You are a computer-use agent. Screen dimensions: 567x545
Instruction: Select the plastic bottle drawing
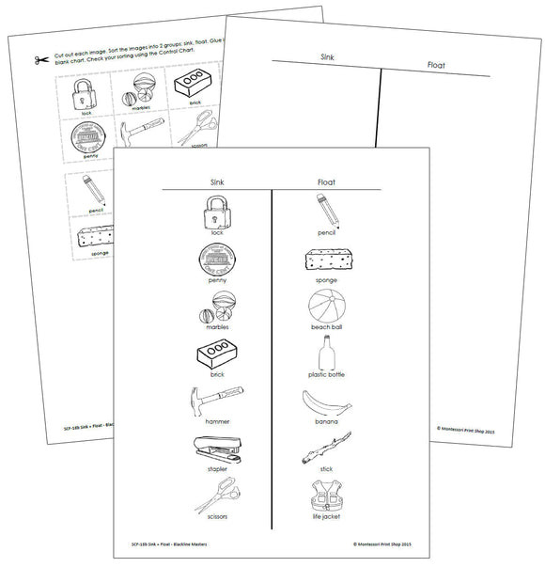(x=326, y=354)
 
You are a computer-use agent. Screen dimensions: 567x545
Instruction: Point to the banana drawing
(x=325, y=402)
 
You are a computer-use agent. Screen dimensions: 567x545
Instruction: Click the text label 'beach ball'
(x=325, y=327)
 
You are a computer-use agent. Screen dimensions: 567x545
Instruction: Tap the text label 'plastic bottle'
(x=326, y=374)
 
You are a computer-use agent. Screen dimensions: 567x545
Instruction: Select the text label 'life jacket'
(x=324, y=516)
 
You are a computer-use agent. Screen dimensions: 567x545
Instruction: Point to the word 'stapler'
(x=217, y=468)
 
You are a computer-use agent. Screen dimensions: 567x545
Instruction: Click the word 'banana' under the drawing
(x=325, y=421)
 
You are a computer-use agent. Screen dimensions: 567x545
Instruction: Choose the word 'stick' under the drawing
(x=325, y=468)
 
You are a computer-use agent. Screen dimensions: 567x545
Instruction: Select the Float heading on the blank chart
(x=435, y=66)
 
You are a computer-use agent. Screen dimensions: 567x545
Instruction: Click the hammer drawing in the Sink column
(x=216, y=402)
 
